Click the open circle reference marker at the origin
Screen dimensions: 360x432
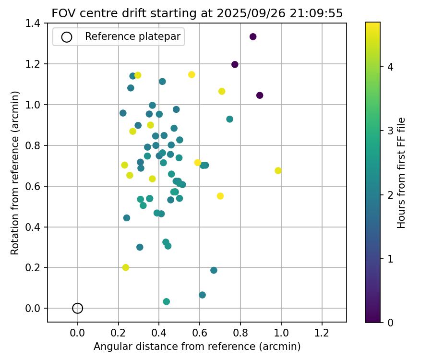[x=78, y=308]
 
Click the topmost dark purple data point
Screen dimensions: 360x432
[x=253, y=37]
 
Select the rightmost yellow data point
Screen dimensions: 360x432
[x=278, y=171]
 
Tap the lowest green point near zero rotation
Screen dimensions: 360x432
[x=167, y=301]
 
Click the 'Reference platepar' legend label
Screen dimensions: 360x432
[x=132, y=37]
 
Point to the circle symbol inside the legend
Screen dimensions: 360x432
[x=67, y=37]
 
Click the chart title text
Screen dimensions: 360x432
[x=197, y=13]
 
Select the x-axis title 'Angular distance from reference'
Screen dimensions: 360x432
[x=197, y=347]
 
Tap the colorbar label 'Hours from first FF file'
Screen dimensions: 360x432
[x=402, y=172]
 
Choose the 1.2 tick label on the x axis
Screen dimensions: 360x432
[x=322, y=332]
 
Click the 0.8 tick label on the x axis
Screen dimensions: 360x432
[x=240, y=332]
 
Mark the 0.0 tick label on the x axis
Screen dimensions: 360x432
[x=78, y=332]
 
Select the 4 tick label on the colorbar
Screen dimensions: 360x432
[x=390, y=67]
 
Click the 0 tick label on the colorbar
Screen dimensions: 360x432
[x=390, y=323]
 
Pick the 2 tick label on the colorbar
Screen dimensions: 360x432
[x=390, y=195]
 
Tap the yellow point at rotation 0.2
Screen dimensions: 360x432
[x=126, y=267]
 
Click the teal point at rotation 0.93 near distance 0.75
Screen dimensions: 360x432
[x=230, y=119]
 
